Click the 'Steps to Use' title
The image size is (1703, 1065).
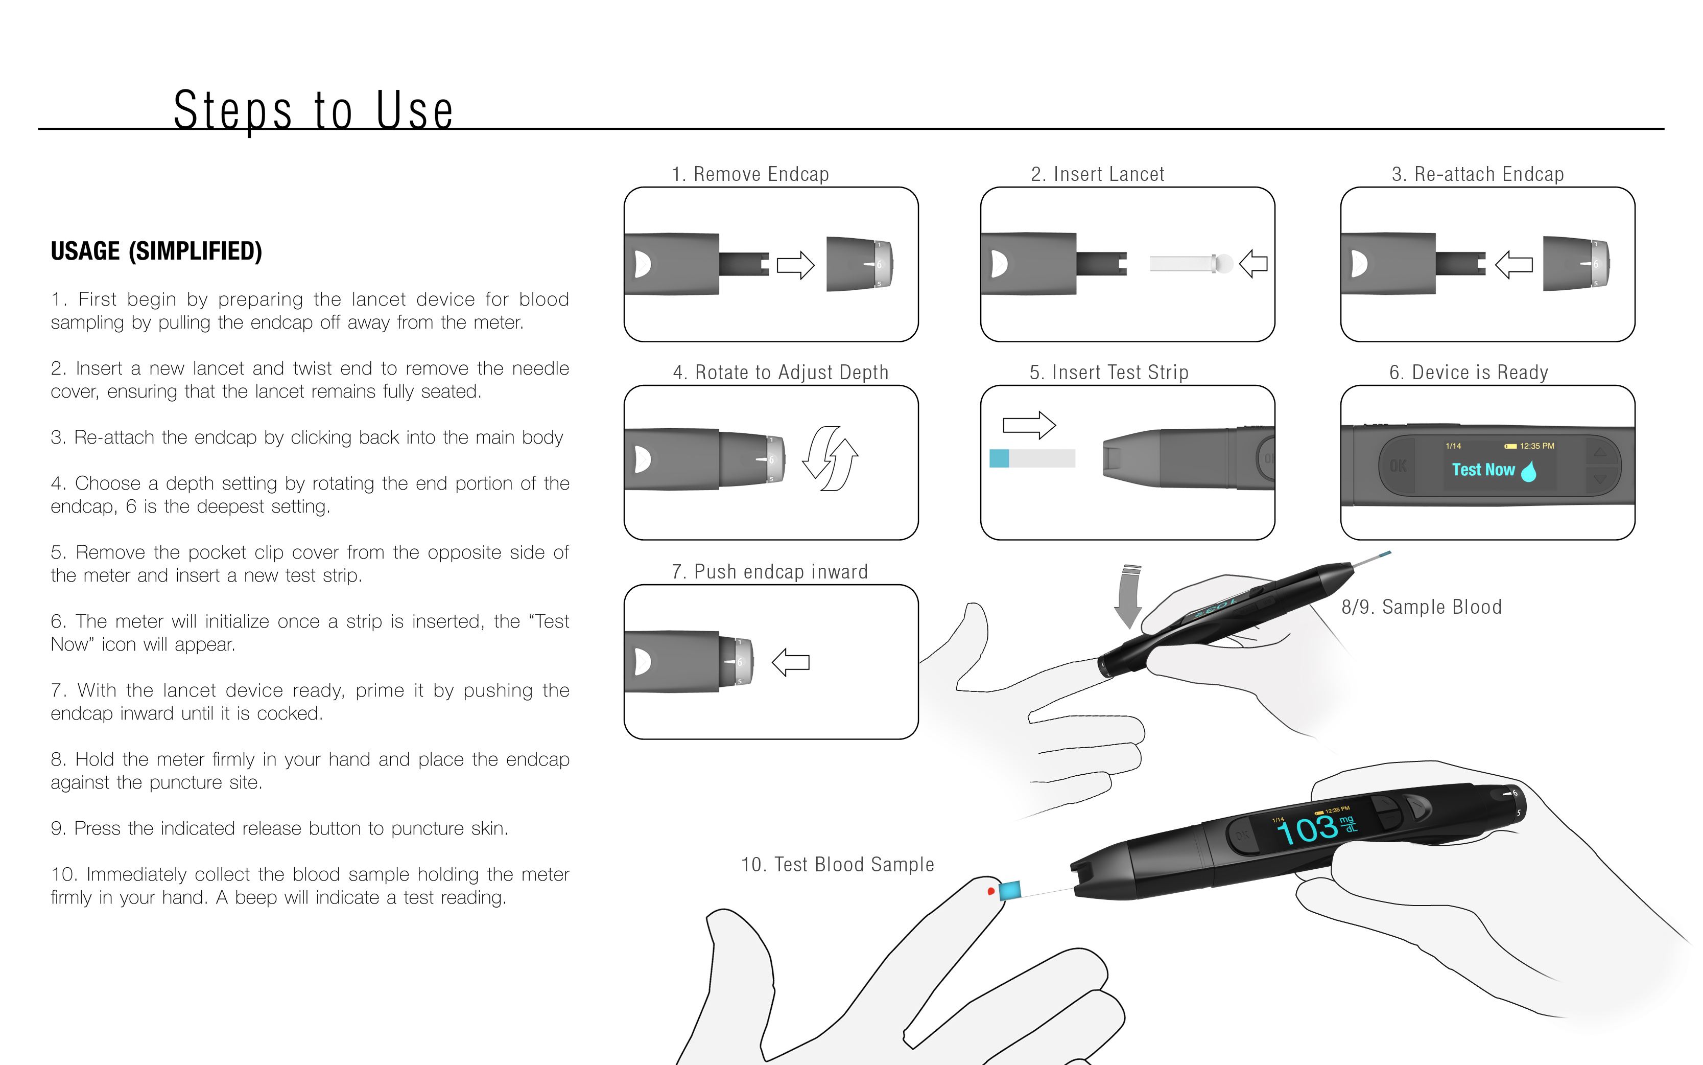pos(313,110)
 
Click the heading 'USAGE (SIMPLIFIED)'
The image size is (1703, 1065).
pos(156,251)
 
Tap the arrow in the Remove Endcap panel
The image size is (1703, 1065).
pos(795,266)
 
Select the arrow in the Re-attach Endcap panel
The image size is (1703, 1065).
pos(1513,265)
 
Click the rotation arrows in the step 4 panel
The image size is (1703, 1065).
pos(831,458)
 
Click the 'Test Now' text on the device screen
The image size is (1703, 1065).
pos(1483,470)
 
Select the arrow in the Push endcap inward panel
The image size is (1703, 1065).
pos(791,662)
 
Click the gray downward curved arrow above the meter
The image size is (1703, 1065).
pos(1128,595)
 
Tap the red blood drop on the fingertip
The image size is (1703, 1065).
pos(990,891)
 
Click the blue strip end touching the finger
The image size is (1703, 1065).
pos(1009,890)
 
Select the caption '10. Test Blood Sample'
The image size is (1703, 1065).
pos(837,865)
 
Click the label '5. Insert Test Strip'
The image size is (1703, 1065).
pos(1109,373)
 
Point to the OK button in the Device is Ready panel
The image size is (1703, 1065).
pos(1398,466)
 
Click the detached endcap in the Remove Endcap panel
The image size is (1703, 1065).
pos(859,264)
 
